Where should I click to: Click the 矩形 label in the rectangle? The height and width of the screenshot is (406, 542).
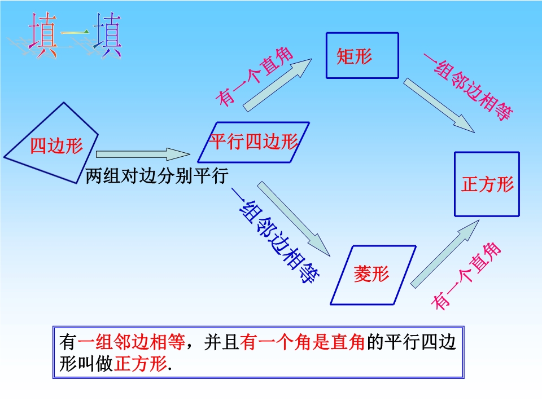click(355, 56)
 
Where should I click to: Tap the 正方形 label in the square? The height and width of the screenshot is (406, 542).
click(487, 184)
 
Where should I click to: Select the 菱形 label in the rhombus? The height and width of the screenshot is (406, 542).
click(371, 274)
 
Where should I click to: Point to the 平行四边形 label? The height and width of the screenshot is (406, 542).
click(253, 142)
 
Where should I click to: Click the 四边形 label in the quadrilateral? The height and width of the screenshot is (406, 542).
click(56, 145)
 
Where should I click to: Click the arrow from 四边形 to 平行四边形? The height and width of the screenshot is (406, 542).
click(143, 154)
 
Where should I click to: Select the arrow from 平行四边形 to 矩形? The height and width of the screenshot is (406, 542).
click(277, 85)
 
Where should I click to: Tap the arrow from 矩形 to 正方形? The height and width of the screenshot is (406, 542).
click(439, 105)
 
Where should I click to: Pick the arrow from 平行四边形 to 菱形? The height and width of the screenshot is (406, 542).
click(294, 219)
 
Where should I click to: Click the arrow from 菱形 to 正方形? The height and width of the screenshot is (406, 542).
click(445, 254)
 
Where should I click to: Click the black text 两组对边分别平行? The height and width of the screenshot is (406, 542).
click(156, 176)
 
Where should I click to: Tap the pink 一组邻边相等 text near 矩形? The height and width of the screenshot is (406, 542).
click(469, 87)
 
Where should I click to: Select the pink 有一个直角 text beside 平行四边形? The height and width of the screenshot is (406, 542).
click(254, 76)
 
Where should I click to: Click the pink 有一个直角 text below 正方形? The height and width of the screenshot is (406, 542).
click(466, 276)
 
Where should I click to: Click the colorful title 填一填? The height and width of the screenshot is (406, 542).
click(75, 35)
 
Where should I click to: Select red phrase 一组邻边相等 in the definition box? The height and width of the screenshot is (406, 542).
click(132, 342)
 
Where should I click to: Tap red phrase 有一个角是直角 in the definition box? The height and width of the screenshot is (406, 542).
click(302, 342)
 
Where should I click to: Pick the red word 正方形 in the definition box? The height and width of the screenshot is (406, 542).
click(141, 363)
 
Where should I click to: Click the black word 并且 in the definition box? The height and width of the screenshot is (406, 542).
click(221, 342)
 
